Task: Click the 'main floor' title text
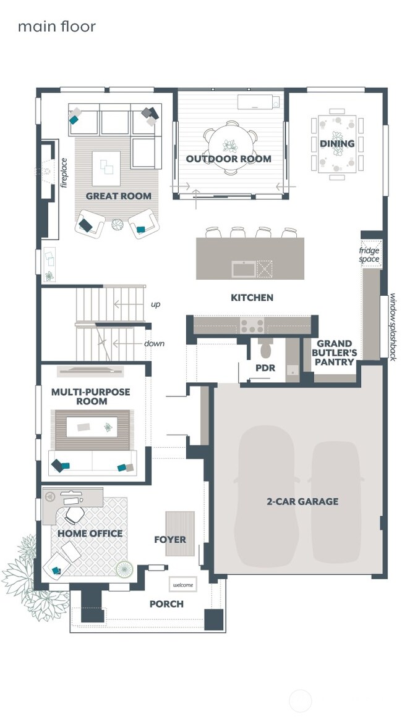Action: (x=56, y=27)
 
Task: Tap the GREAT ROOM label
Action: (x=118, y=196)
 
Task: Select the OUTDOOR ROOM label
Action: (x=229, y=159)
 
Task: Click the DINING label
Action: (x=337, y=144)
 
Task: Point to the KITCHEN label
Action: (x=252, y=298)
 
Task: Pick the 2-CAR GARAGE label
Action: (x=302, y=501)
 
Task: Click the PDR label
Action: (x=265, y=368)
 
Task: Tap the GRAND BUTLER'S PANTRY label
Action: (x=335, y=353)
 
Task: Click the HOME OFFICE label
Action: (x=90, y=533)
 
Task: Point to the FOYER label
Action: (x=170, y=540)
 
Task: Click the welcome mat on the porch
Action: (x=183, y=585)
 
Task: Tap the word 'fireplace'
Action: (x=64, y=172)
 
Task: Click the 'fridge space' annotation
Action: (x=369, y=254)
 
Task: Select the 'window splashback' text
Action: (x=392, y=327)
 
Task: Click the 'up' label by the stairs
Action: (x=156, y=304)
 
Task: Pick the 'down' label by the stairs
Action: (x=154, y=343)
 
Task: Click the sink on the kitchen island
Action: (x=244, y=269)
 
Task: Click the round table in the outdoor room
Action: (x=230, y=146)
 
